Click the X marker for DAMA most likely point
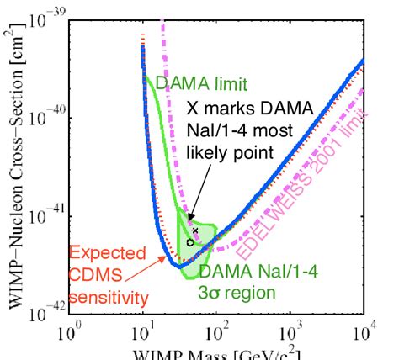point(194,230)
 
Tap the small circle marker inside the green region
point(190,242)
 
